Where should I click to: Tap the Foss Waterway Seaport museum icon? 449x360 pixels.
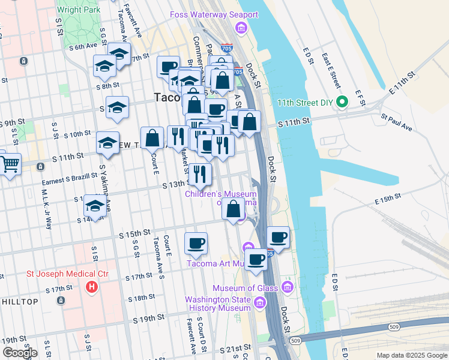tap(241, 28)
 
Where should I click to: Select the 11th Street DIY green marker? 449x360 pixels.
tap(342, 102)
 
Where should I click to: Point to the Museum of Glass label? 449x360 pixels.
tap(252, 288)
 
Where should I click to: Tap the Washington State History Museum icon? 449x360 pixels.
tap(260, 304)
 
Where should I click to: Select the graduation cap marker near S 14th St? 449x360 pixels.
tap(95, 206)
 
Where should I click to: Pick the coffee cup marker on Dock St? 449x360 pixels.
tap(278, 237)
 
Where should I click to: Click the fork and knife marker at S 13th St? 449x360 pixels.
tap(200, 174)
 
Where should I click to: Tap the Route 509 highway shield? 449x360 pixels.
tap(295, 341)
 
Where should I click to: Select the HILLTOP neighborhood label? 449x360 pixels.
tap(20, 301)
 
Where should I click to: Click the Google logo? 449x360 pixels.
tap(20, 353)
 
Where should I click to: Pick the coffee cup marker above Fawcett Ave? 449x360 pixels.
tap(196, 243)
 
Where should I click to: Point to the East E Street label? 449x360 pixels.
tap(331, 71)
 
